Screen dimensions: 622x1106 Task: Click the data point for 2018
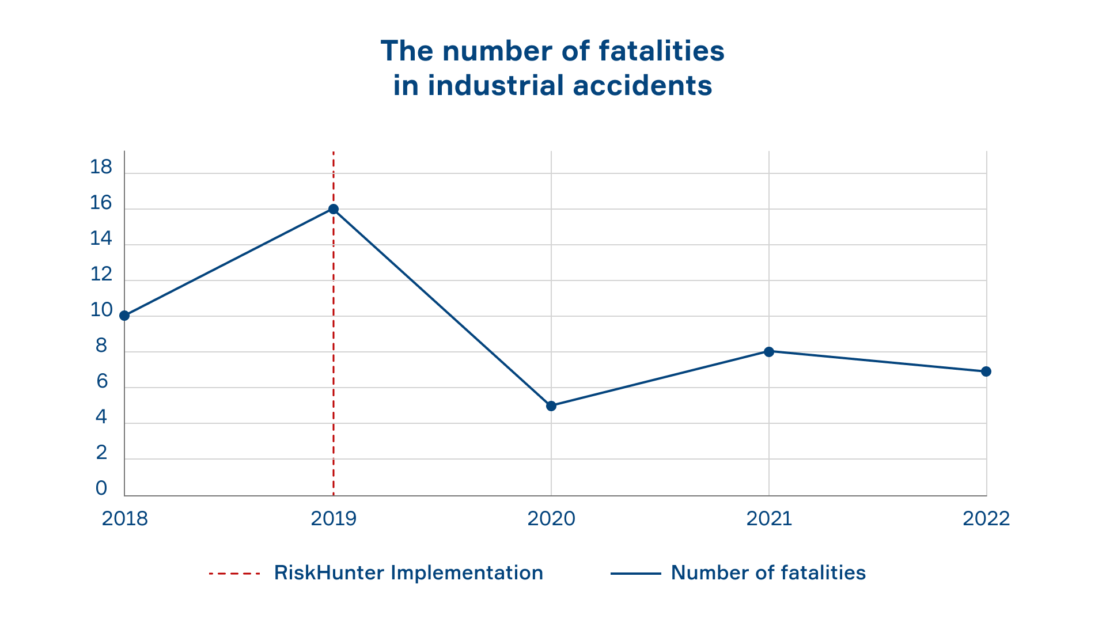point(124,316)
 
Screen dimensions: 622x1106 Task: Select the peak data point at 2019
point(334,209)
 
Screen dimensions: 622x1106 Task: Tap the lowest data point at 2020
point(551,406)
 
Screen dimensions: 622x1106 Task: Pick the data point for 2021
point(769,351)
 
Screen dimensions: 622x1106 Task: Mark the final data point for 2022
point(986,371)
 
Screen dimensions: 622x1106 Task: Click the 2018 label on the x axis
point(124,519)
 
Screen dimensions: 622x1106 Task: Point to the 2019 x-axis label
point(334,519)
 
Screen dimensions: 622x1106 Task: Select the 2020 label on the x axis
point(551,519)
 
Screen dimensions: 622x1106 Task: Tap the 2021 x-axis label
point(769,519)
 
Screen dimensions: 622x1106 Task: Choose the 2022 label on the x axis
point(986,519)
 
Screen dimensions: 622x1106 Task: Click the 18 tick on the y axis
point(101,167)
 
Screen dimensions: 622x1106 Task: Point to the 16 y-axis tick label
point(101,203)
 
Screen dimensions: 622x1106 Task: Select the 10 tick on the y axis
point(101,310)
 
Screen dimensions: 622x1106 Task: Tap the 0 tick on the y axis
point(101,488)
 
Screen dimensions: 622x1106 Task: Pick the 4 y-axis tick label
point(101,417)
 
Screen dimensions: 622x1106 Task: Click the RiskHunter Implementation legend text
point(408,573)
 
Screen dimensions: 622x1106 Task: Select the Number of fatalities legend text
point(768,573)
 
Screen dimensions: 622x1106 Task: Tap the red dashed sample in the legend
point(234,574)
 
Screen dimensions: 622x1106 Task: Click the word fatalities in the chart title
point(661,51)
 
